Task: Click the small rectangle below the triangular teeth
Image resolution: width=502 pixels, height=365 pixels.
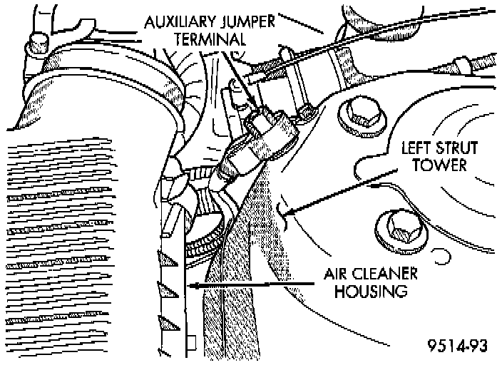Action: pos(190,343)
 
